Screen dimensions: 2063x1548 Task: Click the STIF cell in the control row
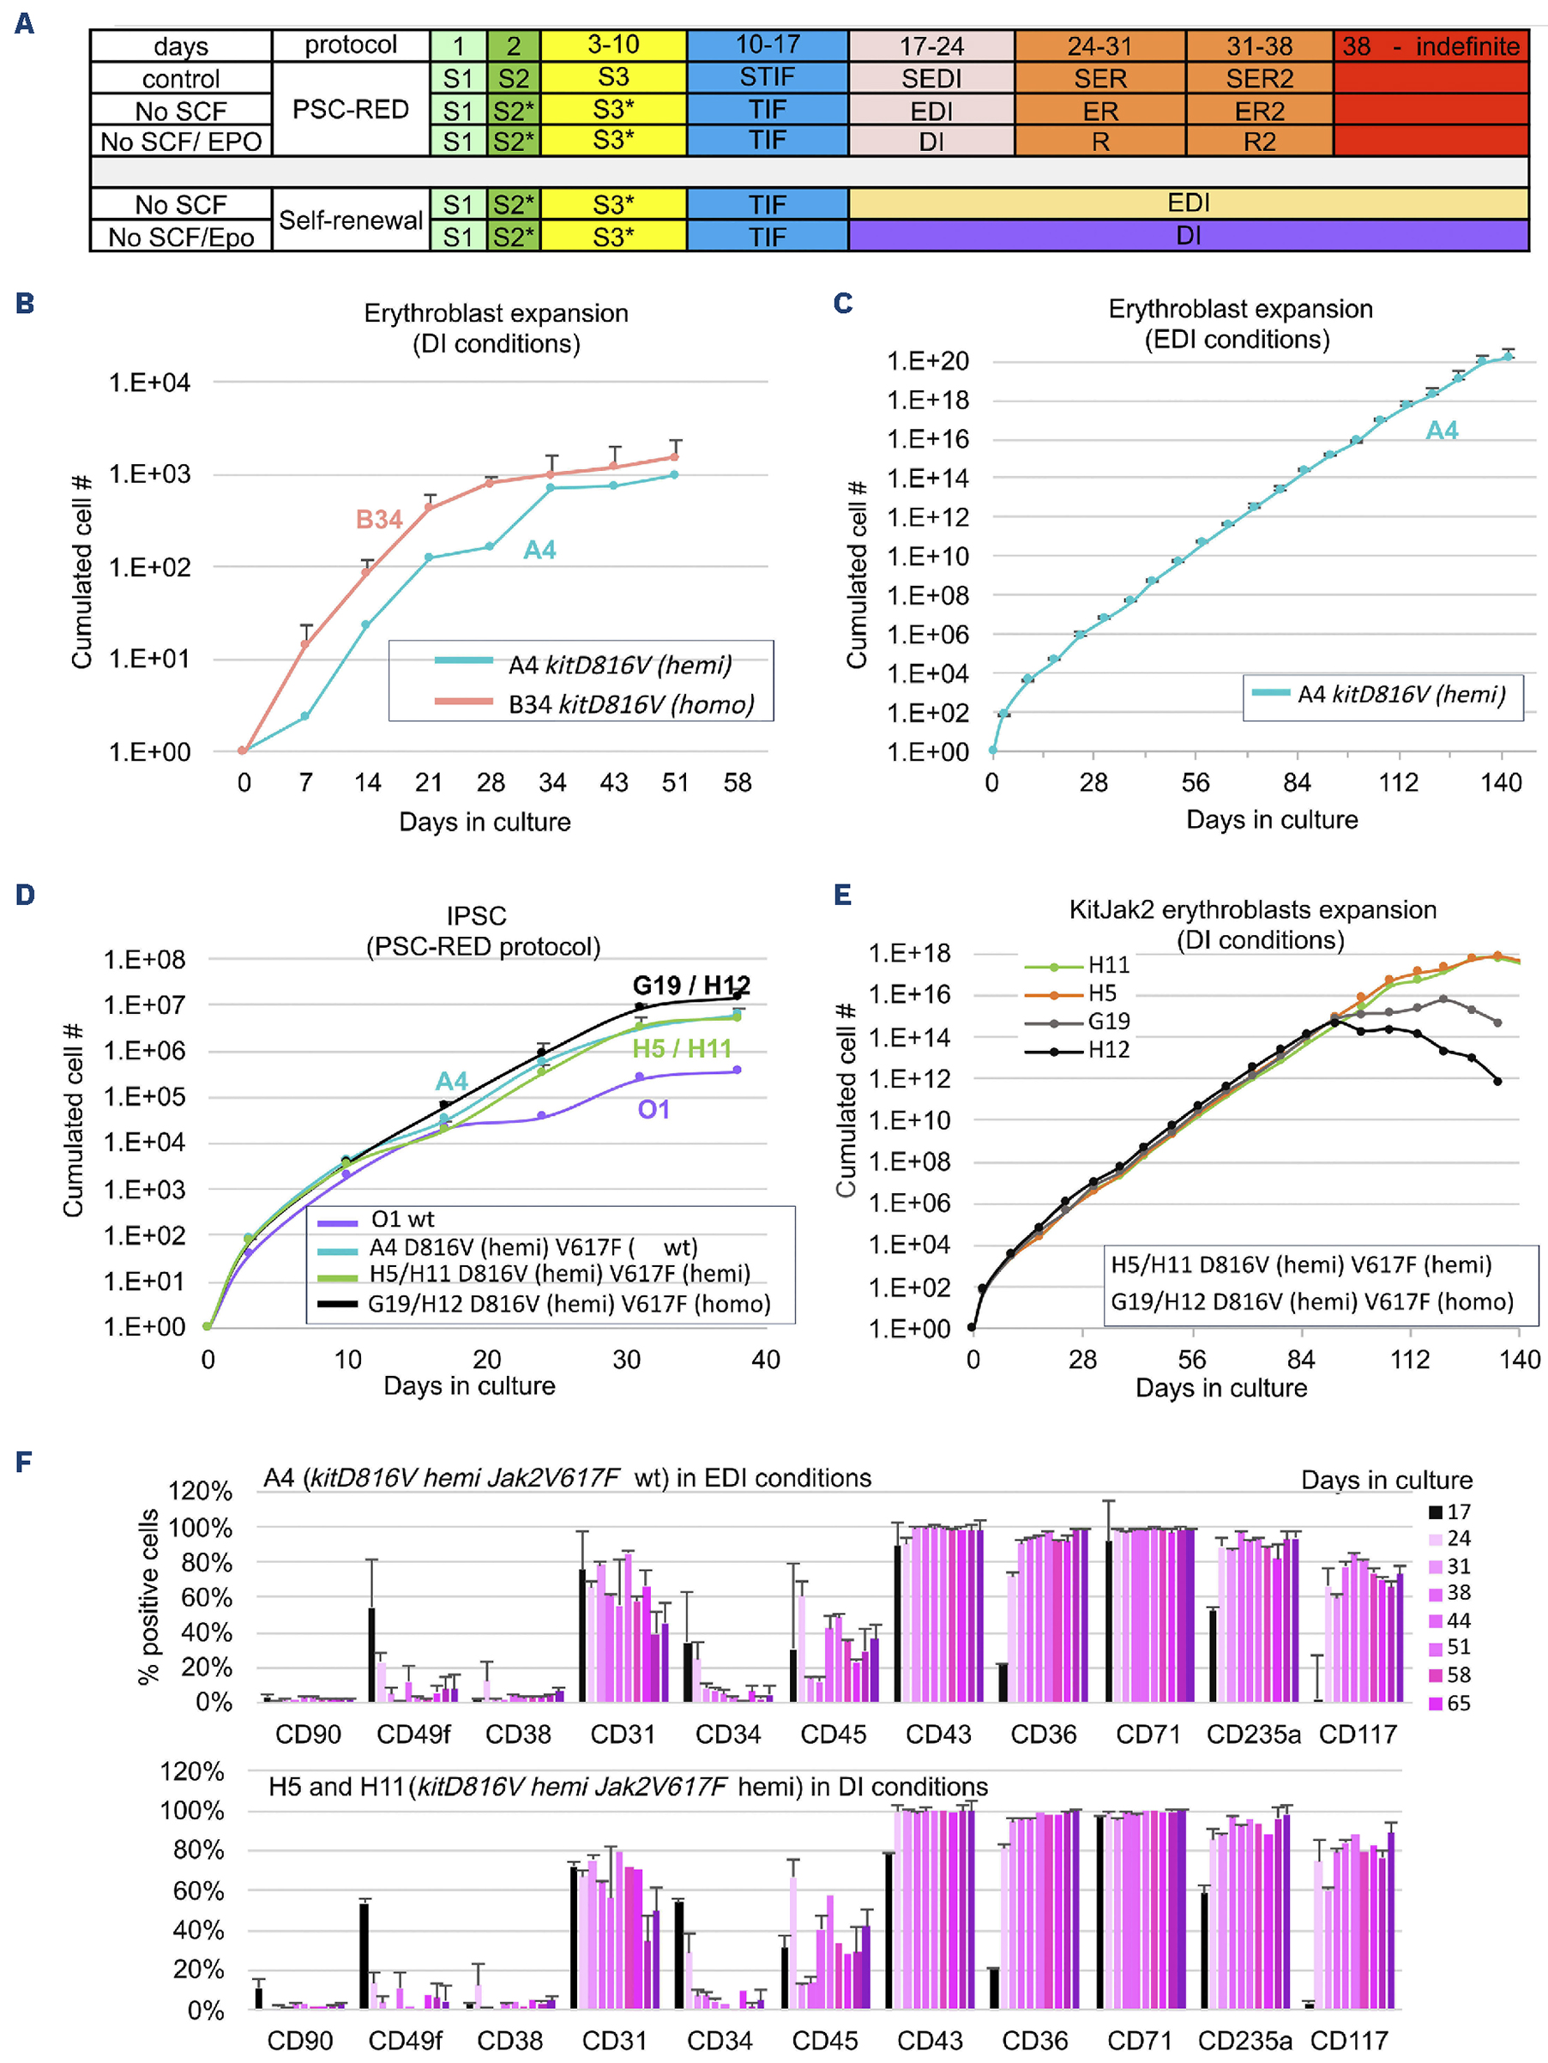767,77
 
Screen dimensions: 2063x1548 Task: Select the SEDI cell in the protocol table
931,78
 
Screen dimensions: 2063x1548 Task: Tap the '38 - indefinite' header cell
1430,45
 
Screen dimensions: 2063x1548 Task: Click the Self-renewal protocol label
351,220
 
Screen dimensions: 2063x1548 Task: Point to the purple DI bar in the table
1187,236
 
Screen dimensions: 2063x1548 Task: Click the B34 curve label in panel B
378,520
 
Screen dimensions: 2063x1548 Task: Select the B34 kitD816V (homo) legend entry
630,704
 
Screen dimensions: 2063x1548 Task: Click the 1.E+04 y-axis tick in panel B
149,383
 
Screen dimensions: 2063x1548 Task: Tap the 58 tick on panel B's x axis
737,782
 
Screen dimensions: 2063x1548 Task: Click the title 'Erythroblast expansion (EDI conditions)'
1239,323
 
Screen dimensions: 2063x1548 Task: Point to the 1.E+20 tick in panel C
927,361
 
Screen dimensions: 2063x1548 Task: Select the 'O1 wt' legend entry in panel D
402,1219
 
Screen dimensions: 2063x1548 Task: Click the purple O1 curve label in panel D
653,1110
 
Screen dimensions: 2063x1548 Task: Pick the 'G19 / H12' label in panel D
691,985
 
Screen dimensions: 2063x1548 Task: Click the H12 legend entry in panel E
1108,1050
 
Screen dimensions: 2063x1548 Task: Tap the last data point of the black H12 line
1497,1082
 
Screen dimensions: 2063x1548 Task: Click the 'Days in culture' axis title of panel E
1220,1388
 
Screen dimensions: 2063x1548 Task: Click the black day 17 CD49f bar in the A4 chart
371,1655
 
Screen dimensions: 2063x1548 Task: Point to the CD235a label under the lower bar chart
1244,2041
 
